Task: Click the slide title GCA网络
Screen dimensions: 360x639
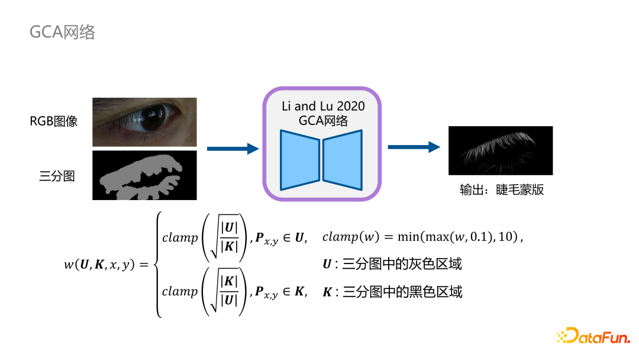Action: (62, 32)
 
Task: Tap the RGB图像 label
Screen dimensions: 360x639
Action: (54, 123)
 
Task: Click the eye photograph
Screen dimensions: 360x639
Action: (144, 122)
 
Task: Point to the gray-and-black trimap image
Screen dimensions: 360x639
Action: (144, 175)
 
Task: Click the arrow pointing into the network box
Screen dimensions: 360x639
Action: (233, 149)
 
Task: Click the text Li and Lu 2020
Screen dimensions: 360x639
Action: (322, 107)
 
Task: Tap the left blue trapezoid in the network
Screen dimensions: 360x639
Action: (299, 160)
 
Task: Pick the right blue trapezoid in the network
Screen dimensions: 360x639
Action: (343, 160)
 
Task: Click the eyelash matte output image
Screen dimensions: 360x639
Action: (500, 150)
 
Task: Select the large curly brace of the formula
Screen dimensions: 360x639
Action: (157, 265)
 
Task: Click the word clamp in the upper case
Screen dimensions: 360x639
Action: (180, 237)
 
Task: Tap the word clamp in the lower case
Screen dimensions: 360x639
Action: (180, 291)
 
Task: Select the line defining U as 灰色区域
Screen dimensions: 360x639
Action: (392, 264)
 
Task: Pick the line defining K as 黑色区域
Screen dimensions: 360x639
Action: (392, 291)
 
